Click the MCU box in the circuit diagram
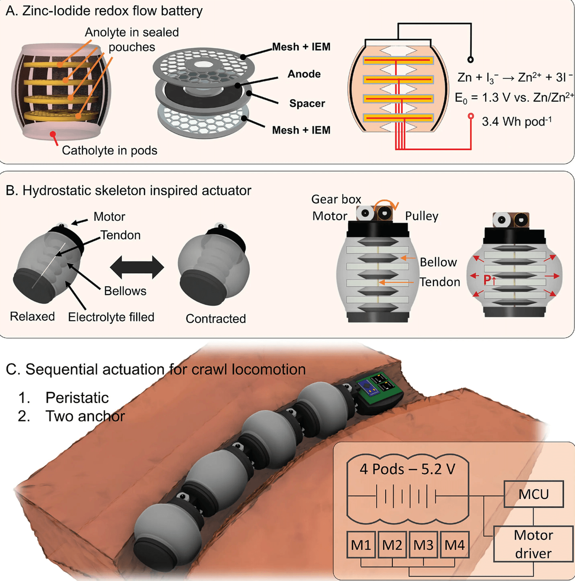(533, 494)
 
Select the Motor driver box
(533, 544)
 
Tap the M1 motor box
(361, 545)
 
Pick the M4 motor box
(454, 545)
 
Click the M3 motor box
(423, 545)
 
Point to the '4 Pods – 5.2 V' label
(407, 469)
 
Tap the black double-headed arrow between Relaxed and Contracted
(137, 267)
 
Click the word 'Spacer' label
(307, 103)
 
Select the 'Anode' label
(304, 74)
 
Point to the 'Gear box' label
(336, 199)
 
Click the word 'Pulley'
(421, 216)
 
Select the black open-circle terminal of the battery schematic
(470, 60)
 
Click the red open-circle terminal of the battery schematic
(471, 116)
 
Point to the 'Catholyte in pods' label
(109, 150)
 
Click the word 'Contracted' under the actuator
(216, 318)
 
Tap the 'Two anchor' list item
(85, 416)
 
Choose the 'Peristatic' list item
(77, 398)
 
